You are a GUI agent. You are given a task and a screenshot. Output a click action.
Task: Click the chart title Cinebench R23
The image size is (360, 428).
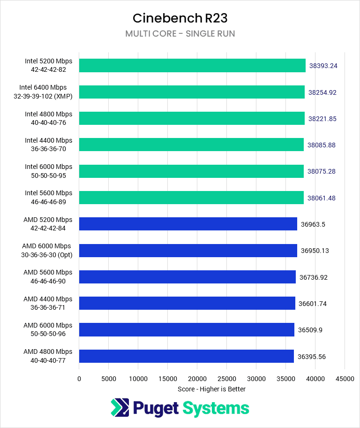click(x=180, y=18)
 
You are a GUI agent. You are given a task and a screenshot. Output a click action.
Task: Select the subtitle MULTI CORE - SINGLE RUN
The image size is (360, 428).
click(x=180, y=34)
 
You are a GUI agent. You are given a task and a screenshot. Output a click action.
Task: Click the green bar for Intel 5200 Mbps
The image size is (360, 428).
click(x=192, y=65)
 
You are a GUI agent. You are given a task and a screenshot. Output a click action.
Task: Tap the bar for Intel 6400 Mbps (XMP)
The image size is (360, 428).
click(x=192, y=92)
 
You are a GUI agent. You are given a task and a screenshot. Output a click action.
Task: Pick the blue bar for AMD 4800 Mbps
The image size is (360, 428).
click(x=186, y=356)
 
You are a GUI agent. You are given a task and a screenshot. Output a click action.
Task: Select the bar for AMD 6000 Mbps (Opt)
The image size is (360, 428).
click(x=188, y=251)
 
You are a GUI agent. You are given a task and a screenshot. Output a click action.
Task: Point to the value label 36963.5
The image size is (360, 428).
click(x=313, y=224)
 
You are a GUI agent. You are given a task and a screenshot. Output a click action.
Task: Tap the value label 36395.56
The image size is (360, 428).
click(x=312, y=357)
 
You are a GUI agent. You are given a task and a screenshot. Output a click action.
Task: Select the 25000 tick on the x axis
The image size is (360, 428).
click(x=227, y=379)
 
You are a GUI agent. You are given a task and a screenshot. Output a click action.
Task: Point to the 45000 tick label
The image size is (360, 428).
click(x=345, y=379)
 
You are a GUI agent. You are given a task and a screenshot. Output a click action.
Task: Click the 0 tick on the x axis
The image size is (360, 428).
click(x=79, y=379)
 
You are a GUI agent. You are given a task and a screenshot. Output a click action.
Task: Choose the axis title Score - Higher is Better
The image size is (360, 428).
click(x=212, y=389)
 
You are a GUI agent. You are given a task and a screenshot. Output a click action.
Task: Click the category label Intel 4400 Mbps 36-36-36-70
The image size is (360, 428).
click(x=49, y=145)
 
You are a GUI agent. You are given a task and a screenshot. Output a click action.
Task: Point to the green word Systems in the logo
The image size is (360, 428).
click(x=216, y=408)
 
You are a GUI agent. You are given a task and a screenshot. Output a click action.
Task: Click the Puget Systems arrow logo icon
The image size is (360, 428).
click(x=120, y=407)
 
